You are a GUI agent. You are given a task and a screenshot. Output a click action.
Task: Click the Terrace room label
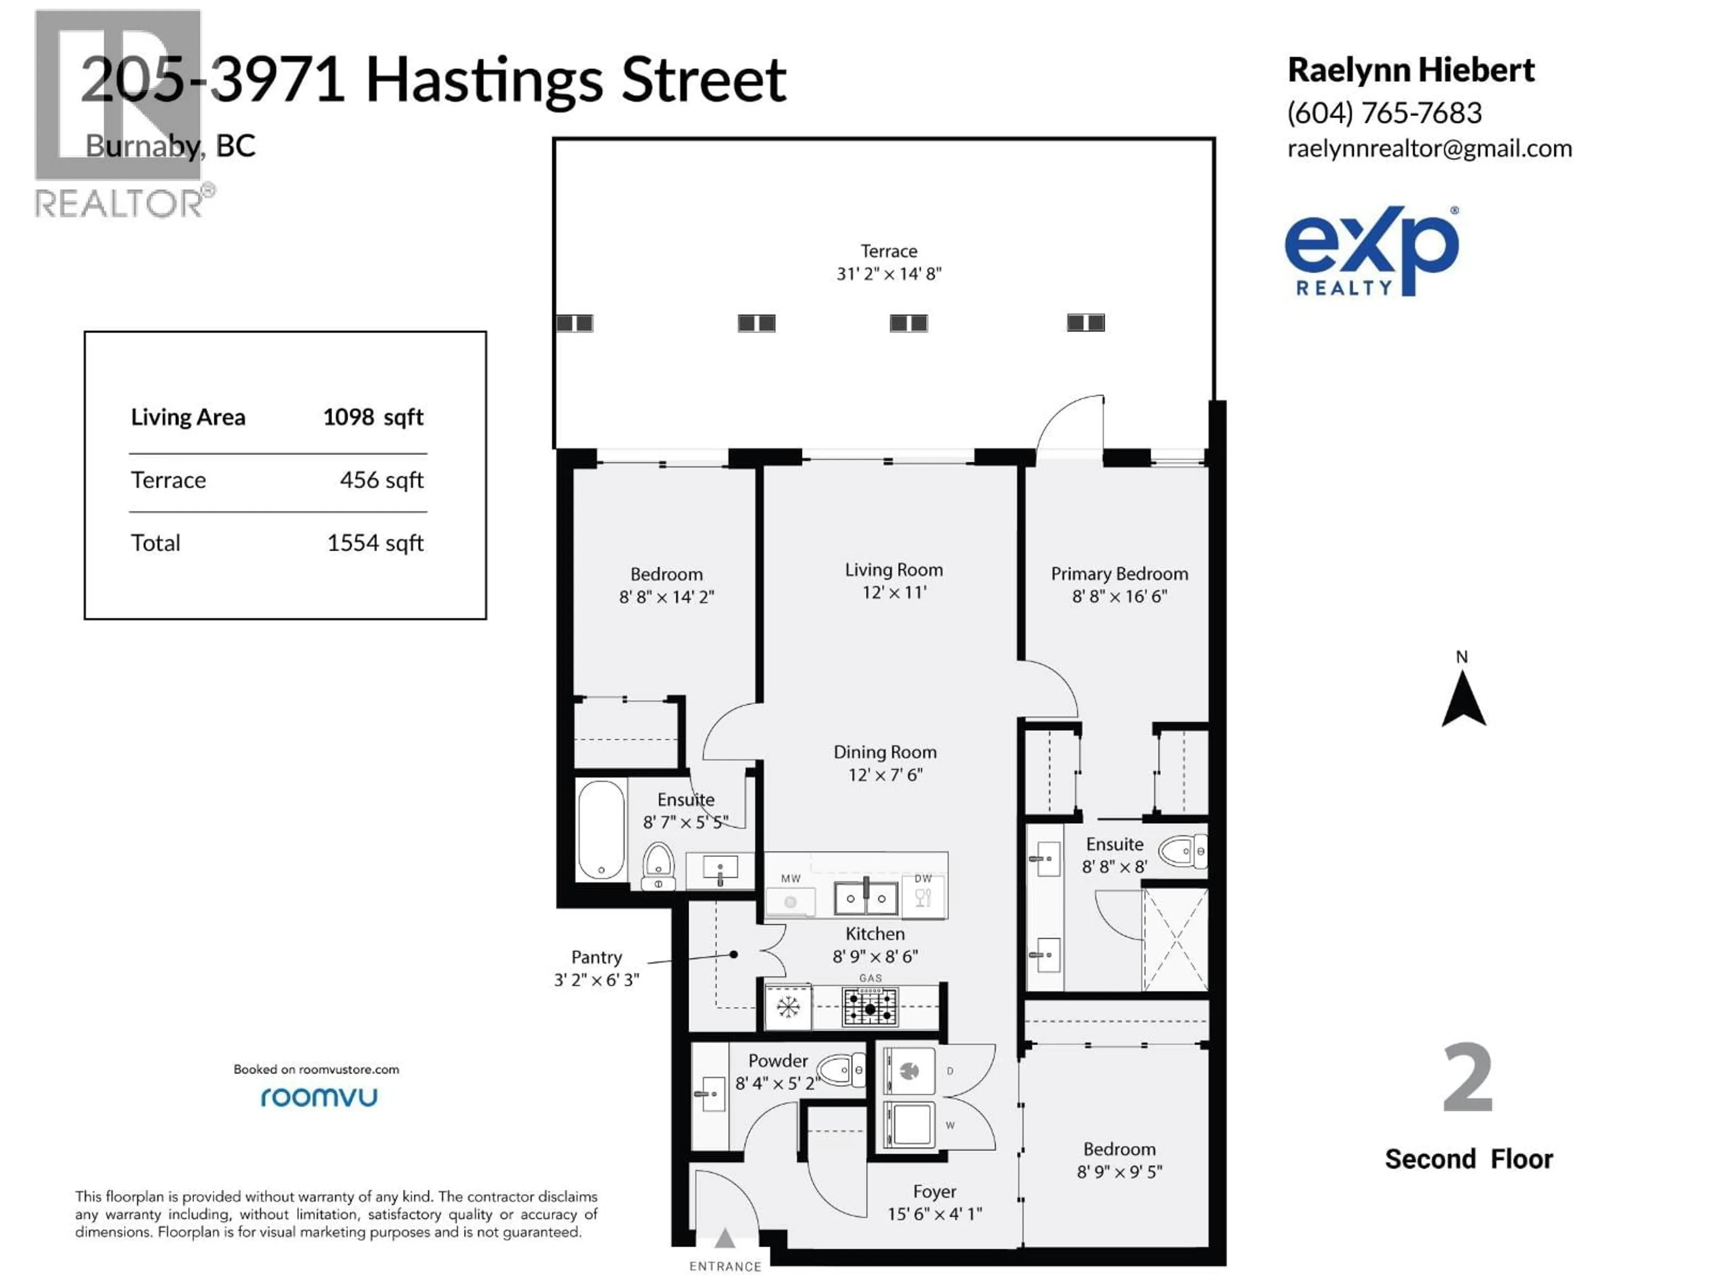click(x=889, y=251)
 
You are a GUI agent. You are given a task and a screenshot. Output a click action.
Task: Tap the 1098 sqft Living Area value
click(x=373, y=417)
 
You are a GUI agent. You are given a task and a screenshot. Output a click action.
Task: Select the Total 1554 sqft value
click(x=375, y=543)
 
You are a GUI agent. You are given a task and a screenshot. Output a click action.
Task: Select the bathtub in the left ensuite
click(x=601, y=830)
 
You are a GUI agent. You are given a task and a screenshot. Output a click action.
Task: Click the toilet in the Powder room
click(x=840, y=1071)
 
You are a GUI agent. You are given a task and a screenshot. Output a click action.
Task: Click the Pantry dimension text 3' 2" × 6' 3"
click(x=596, y=980)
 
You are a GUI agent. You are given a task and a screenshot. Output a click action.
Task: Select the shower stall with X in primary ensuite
click(x=1175, y=940)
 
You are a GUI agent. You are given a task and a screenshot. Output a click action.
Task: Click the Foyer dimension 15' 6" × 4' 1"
click(x=934, y=1214)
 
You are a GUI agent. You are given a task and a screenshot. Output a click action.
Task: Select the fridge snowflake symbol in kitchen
click(x=787, y=1007)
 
